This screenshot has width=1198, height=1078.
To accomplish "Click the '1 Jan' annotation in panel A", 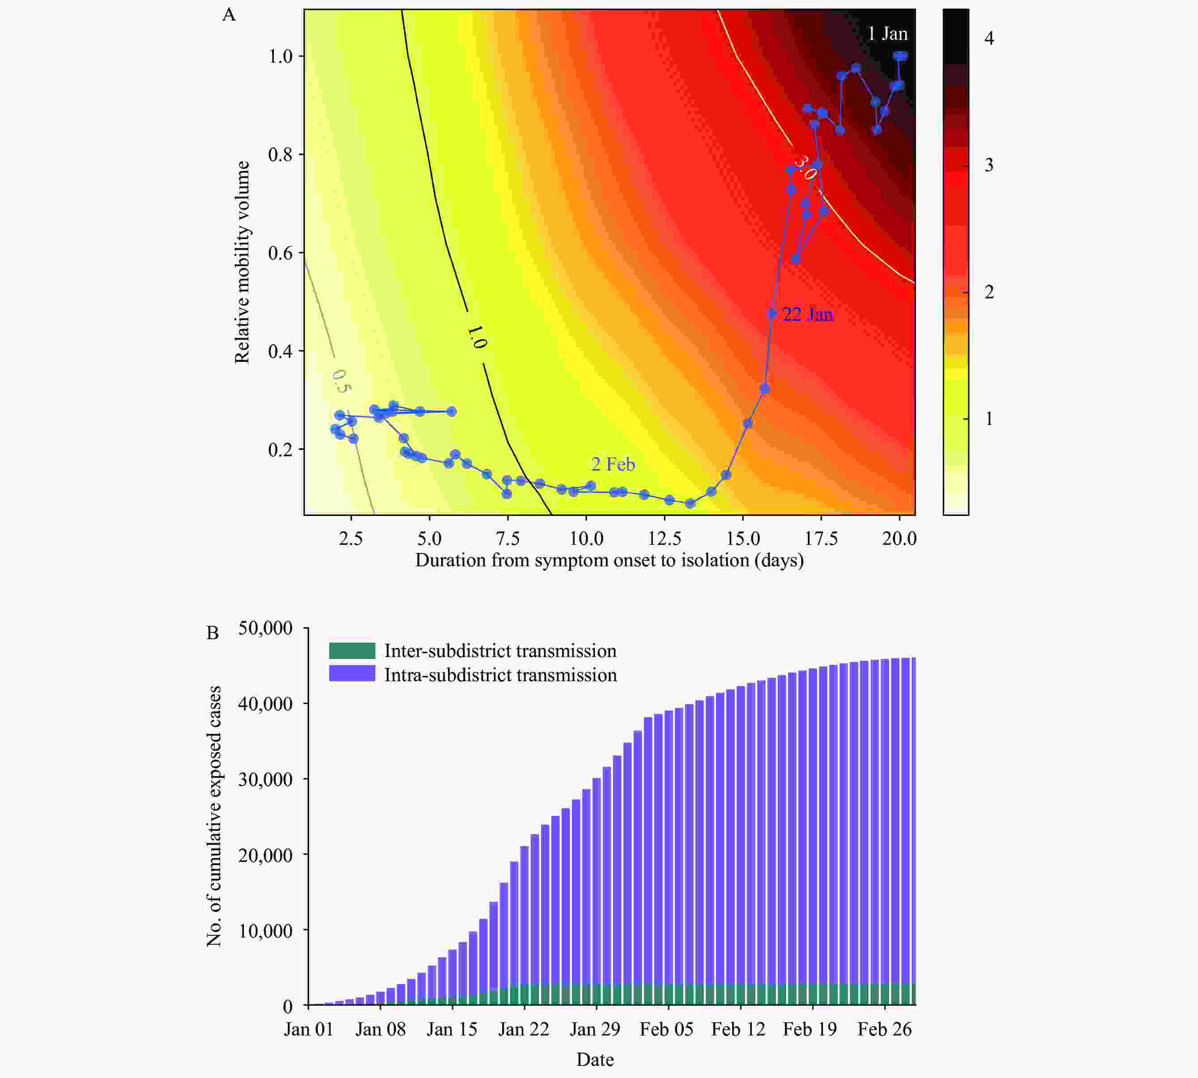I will point(887,34).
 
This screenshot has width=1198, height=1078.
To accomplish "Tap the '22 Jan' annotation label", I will point(808,314).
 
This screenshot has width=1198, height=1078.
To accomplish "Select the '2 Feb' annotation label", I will point(613,464).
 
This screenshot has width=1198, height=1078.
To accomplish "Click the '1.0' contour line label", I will point(476,336).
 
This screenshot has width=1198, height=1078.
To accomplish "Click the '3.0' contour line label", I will point(805,168).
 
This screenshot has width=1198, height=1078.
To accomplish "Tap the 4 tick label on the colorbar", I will point(988,38).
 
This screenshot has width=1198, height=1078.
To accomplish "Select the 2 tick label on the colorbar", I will point(988,292).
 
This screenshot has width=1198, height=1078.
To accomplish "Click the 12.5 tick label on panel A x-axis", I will point(664,539).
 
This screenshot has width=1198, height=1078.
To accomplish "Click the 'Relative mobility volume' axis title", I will point(242,263).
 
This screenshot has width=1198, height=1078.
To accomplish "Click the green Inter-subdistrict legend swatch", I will point(352,651).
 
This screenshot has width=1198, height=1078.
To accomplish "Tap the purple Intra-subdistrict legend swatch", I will point(352,674).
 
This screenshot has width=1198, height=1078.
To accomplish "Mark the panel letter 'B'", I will point(212,633).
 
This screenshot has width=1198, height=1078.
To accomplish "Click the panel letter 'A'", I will point(229,15).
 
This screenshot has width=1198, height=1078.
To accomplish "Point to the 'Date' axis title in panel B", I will point(595,1060).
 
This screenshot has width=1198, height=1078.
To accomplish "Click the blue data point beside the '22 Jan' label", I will point(772,313).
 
